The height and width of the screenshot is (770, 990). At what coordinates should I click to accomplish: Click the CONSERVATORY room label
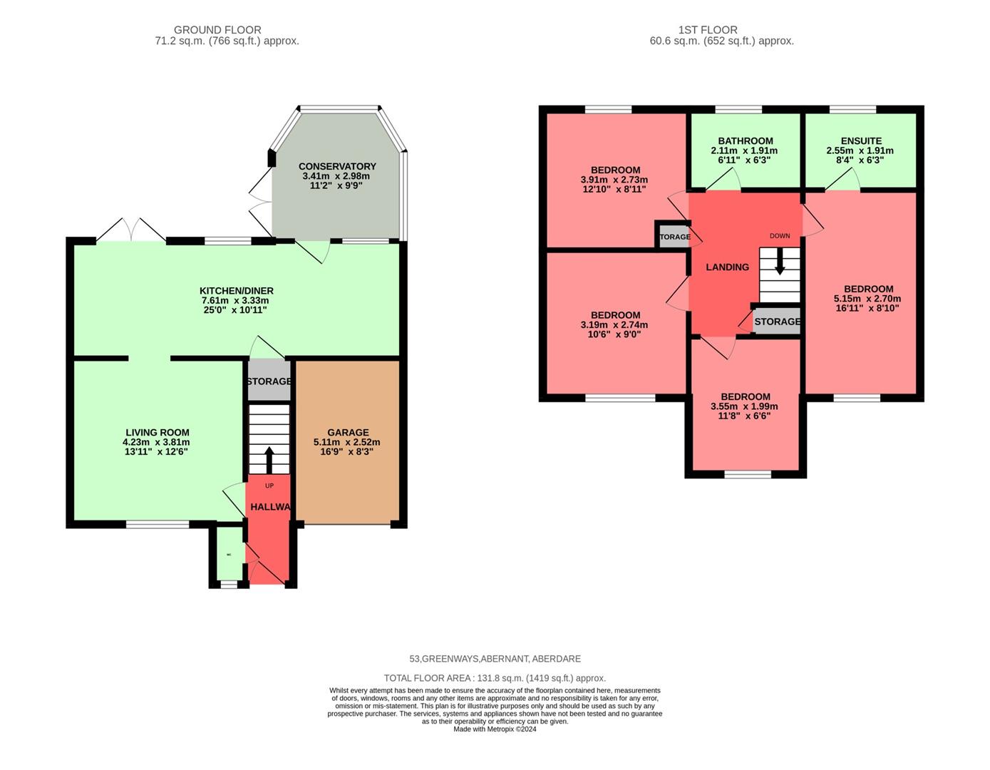coord(336,166)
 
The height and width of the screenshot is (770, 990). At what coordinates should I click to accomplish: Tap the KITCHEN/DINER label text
coord(236,291)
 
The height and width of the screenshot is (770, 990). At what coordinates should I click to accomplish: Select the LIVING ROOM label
coord(157,432)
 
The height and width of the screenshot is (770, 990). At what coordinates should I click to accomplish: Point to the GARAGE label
coord(348,432)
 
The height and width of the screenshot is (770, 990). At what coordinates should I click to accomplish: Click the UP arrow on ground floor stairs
coord(269,460)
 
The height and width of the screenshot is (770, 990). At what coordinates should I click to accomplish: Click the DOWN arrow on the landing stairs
coord(780,261)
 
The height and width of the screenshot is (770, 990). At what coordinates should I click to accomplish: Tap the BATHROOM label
coord(745,141)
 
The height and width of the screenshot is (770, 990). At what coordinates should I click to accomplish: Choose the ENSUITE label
coord(860,141)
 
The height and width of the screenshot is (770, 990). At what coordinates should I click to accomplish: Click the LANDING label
coord(727,267)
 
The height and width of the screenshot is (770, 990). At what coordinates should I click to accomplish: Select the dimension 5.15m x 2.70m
coord(867,299)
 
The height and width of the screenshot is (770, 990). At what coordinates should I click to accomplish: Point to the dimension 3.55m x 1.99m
coord(745,406)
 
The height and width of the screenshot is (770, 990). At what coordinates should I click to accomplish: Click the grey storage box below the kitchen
coord(269,381)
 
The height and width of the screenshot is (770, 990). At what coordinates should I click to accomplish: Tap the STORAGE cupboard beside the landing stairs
coord(777,322)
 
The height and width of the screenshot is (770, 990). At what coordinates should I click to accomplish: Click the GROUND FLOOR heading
coord(217,30)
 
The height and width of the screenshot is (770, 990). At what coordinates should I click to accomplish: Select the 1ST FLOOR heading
coord(707,30)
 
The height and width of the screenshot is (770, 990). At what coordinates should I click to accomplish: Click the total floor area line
coord(495,678)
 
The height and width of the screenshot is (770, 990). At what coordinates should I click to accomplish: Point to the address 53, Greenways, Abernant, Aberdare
coord(495,659)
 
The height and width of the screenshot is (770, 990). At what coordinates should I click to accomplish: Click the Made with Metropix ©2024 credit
coord(495,729)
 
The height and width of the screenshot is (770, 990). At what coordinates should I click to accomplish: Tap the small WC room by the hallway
coord(229,555)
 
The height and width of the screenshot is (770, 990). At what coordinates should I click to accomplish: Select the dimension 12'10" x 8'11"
coord(614,190)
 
